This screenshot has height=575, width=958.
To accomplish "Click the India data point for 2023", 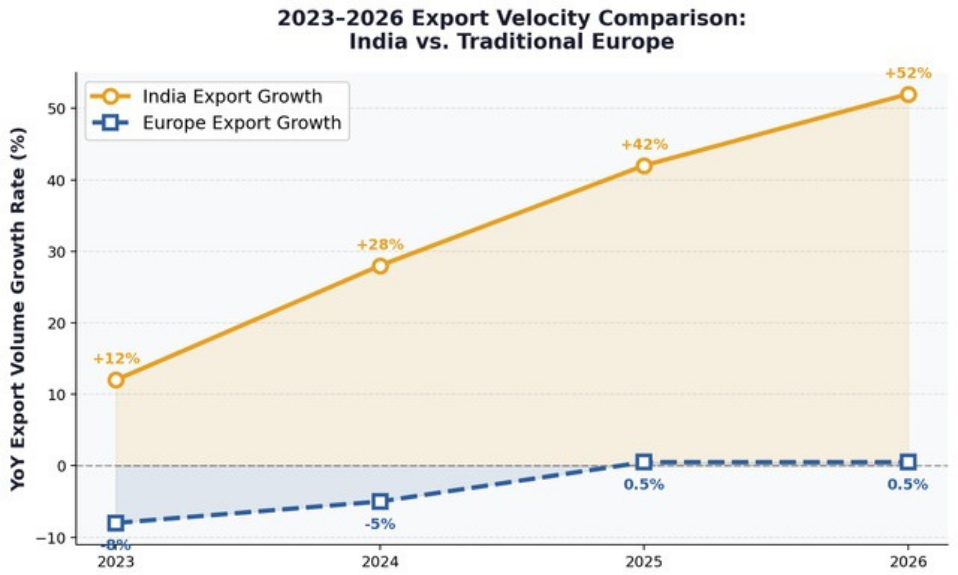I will (116, 380).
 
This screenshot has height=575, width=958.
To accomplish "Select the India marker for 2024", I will (380, 266).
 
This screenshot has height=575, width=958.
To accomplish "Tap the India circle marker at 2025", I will (644, 166).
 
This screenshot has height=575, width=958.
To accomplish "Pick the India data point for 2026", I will (908, 95).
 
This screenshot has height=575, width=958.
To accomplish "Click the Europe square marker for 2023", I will (116, 522).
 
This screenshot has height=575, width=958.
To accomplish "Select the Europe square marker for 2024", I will (380, 501).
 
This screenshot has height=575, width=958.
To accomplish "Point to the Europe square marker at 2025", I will (644, 462).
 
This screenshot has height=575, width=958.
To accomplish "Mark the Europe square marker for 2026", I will (908, 462).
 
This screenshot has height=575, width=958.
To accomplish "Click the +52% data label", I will (908, 73).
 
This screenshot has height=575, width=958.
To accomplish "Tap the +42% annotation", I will (645, 145).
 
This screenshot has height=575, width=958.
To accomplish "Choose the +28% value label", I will (380, 245).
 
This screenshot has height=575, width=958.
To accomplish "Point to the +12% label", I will (116, 359).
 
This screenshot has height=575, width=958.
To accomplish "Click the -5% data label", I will (380, 524).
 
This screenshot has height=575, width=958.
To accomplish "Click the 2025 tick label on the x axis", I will (644, 562).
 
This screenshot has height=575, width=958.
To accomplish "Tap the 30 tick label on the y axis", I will (57, 252).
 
